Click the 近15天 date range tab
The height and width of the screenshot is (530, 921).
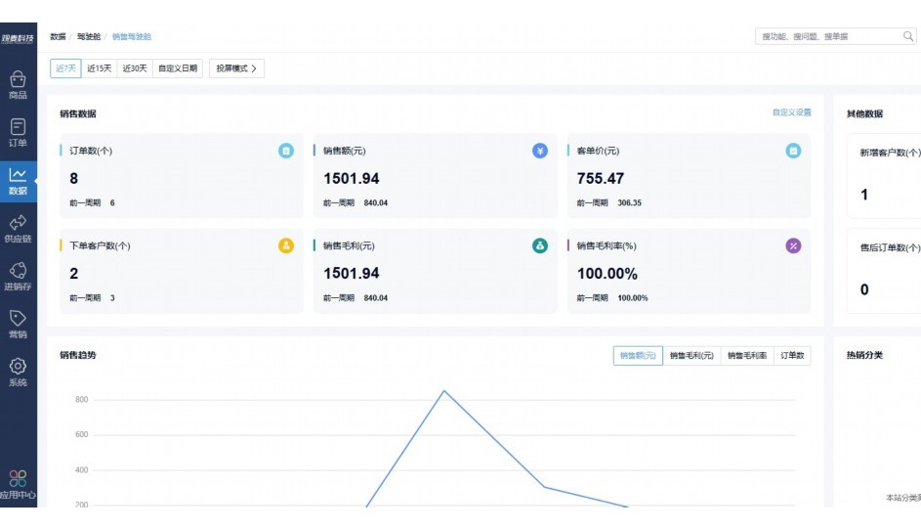coord(99,68)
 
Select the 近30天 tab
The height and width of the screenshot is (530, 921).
coord(135,68)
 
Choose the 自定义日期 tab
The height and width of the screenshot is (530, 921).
coord(178,68)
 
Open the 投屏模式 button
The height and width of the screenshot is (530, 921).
coord(236,68)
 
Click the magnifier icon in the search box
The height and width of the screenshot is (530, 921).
coord(907,36)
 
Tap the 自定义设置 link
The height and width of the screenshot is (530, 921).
coord(791,112)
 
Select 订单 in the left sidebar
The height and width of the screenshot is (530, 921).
coord(18,133)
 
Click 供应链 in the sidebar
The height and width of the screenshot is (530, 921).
coord(18,229)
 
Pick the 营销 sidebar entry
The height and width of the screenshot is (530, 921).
coord(18,324)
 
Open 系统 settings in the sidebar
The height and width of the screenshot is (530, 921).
coord(18,372)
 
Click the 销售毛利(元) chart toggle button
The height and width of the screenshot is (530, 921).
coord(691,356)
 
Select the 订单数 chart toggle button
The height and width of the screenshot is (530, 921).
coord(793,356)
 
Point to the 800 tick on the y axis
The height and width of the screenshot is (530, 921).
coord(82,400)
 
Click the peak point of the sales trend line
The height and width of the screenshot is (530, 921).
coord(444,391)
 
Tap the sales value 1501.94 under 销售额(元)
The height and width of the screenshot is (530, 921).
coord(352,179)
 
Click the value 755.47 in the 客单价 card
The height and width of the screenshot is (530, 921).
coord(601,179)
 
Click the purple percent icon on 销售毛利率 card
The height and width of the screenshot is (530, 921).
coord(793,245)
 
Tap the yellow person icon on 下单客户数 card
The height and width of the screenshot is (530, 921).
coord(286,245)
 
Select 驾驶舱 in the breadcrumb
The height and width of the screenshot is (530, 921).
coord(89,36)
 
